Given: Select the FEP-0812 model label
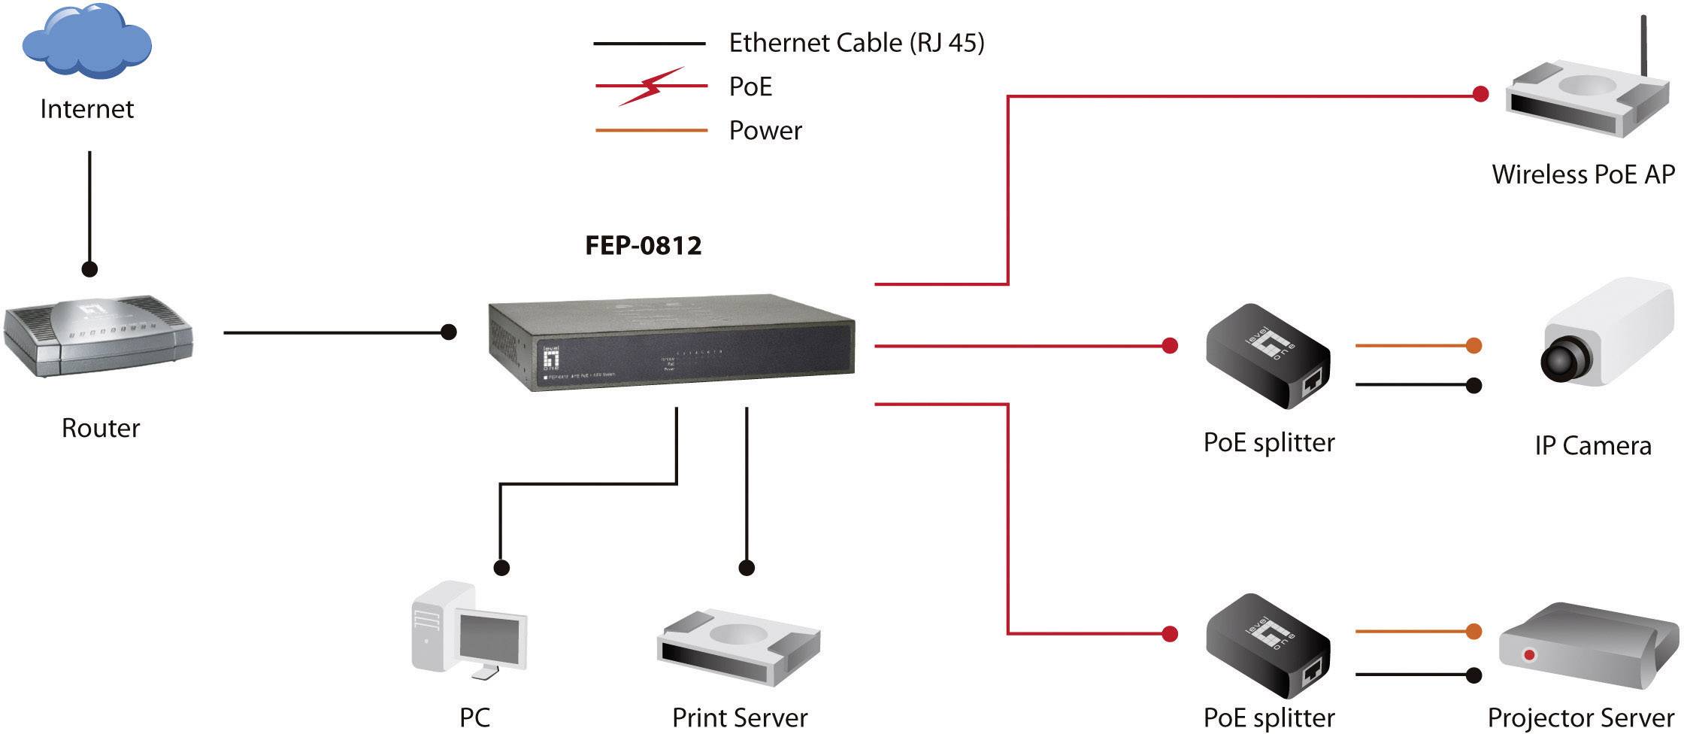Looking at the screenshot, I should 643,245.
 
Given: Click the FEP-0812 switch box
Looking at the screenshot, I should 671,342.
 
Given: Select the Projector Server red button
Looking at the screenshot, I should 1529,656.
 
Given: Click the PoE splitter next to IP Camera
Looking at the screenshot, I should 1268,357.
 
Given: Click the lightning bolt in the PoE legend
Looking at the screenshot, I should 652,86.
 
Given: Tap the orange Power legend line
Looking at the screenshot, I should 651,130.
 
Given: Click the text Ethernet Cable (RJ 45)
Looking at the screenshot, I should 856,43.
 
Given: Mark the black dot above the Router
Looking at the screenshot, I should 89,268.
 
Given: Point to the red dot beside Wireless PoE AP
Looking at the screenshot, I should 1480,95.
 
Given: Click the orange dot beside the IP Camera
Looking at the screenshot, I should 1473,346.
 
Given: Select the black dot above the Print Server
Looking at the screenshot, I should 747,568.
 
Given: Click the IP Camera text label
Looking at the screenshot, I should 1592,446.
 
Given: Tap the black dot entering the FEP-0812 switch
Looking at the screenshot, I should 449,332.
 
